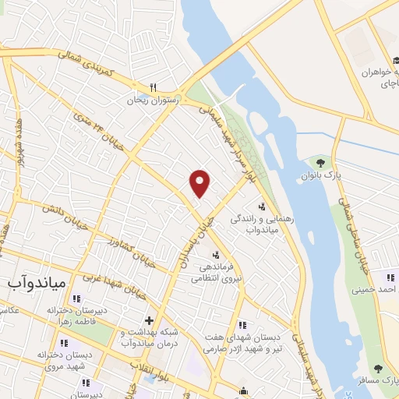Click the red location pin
coord(200,182)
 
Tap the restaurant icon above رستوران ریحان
coord(154,88)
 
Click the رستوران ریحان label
coord(154,100)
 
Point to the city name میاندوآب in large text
coord(37,278)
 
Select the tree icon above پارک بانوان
coord(320,162)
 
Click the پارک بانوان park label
coord(320,175)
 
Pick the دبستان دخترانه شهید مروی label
coord(53,359)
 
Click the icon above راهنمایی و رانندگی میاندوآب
coord(262,207)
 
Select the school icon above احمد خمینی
coord(390,277)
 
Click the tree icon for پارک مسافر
coord(378,369)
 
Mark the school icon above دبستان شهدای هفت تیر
coord(243,325)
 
